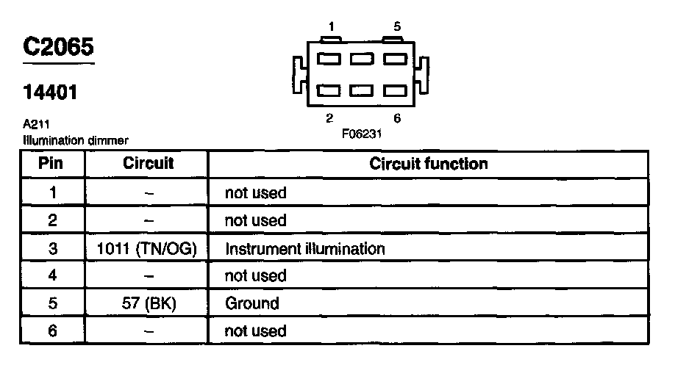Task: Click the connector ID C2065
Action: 59,47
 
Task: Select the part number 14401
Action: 51,93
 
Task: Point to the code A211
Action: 36,125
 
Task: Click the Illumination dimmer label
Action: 76,140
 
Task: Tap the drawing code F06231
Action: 361,134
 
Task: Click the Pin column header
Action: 51,163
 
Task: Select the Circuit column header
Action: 148,163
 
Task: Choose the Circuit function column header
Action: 428,163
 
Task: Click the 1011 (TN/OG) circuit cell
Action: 148,248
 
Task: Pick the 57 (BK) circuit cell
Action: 148,303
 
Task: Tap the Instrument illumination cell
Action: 304,248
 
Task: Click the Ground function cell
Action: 251,303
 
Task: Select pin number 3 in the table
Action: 52,248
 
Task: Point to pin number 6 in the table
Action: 52,331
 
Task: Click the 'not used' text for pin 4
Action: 255,276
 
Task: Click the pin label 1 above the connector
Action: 332,27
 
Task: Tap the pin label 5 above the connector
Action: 397,27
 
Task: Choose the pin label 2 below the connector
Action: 329,118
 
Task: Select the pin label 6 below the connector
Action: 397,118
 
